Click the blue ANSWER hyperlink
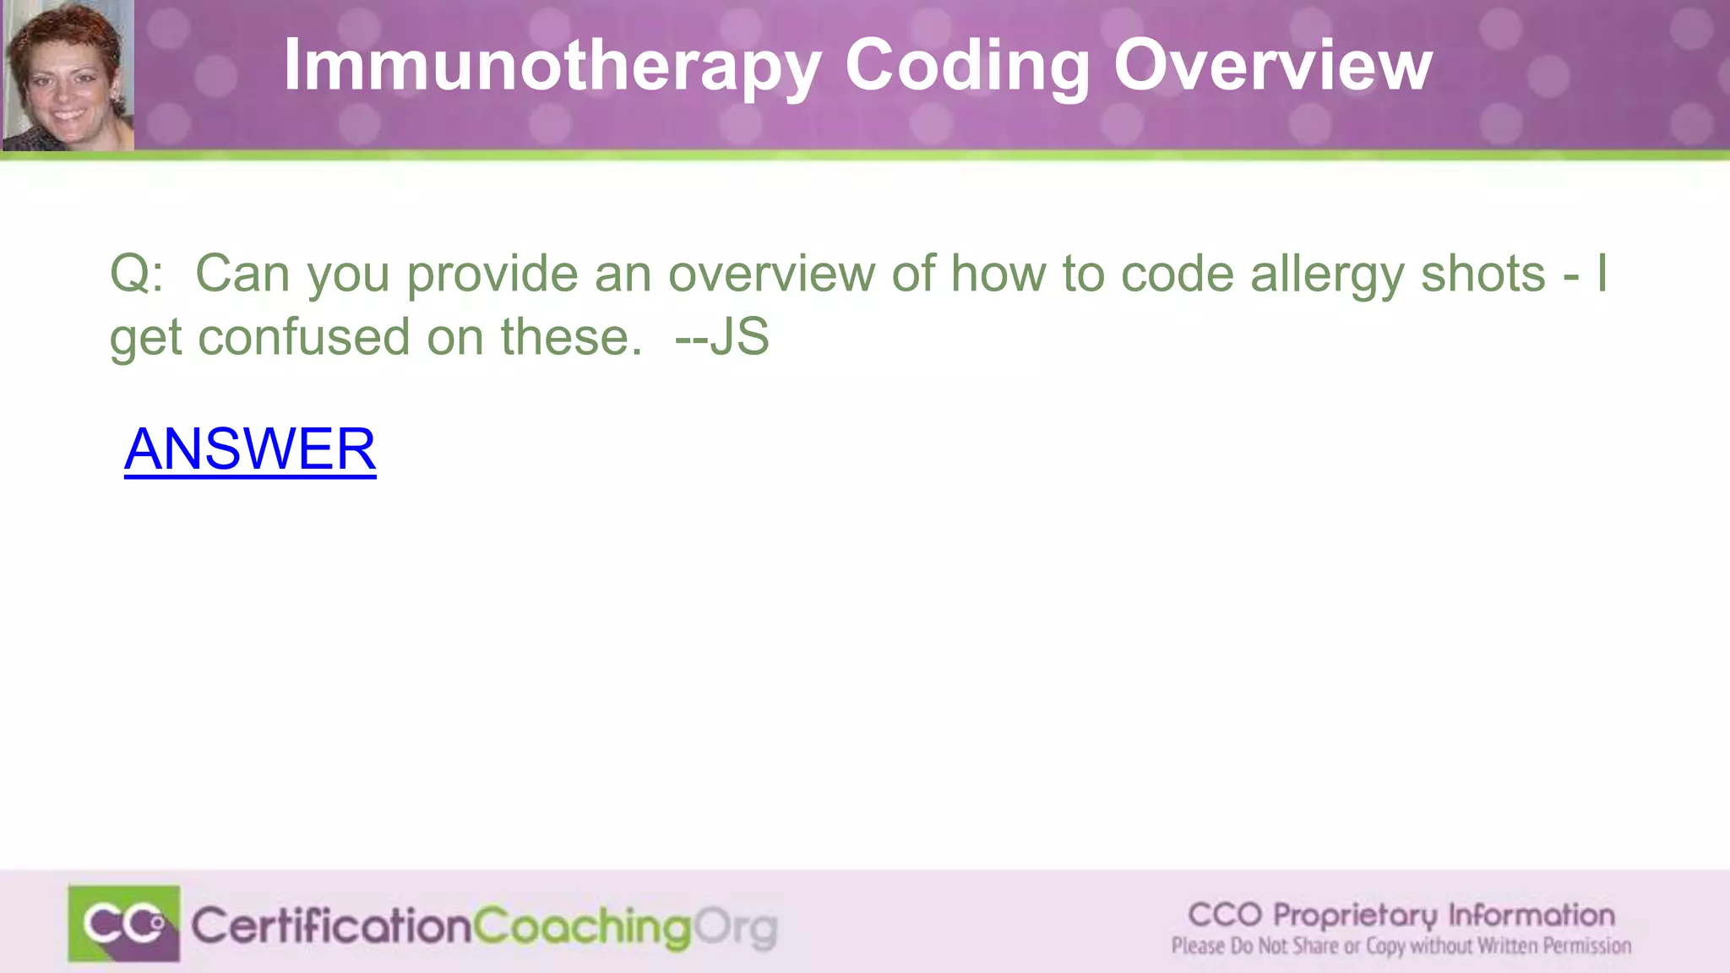click(250, 449)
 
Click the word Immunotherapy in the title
click(552, 66)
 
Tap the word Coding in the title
click(967, 66)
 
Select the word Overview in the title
click(1272, 66)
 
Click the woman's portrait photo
click(68, 76)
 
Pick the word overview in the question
click(771, 275)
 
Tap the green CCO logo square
click(124, 924)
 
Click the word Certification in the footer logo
click(330, 927)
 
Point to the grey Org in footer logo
click(736, 928)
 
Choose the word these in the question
click(571, 337)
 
